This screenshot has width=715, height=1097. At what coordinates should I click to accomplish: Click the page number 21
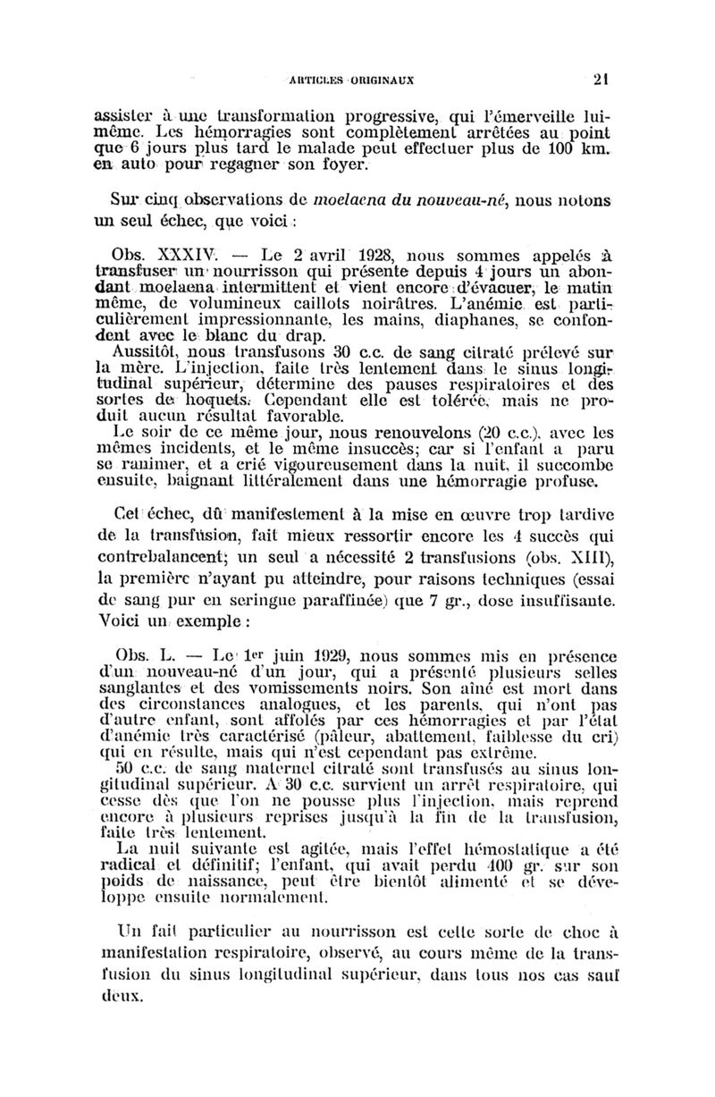[x=601, y=78]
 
